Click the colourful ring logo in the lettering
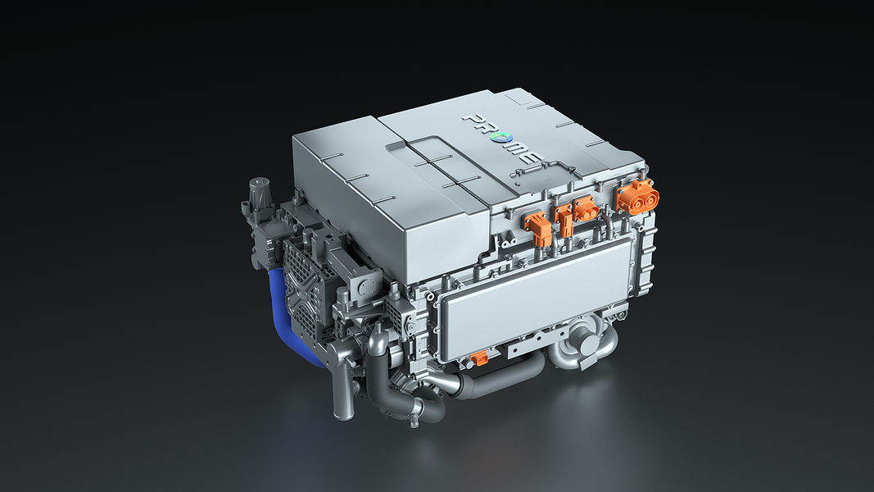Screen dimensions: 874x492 pos(496,139)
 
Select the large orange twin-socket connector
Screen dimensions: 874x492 pos(637,196)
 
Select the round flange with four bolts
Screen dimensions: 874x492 pos(366,288)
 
